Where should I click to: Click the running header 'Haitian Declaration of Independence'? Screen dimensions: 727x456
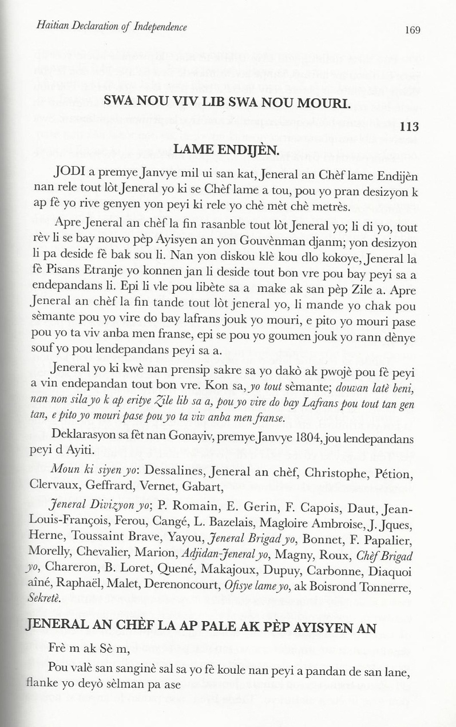111,27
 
